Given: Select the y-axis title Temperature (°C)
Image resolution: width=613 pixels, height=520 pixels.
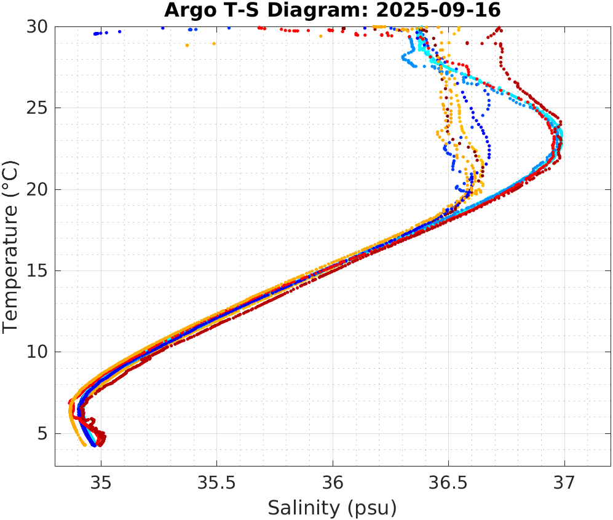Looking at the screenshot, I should click(x=10, y=246).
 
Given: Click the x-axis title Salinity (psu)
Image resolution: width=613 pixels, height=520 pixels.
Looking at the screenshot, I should click(x=332, y=508).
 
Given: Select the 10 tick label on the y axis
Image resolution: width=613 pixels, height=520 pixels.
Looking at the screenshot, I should click(x=37, y=352).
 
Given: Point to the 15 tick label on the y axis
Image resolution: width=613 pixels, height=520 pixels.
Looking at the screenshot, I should click(x=37, y=271).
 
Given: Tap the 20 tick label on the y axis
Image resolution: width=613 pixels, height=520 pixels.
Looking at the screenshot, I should click(x=37, y=189).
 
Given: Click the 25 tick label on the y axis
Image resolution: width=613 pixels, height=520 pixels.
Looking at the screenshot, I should click(x=37, y=108).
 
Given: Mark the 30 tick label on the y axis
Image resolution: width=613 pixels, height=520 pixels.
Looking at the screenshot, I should click(x=37, y=27).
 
